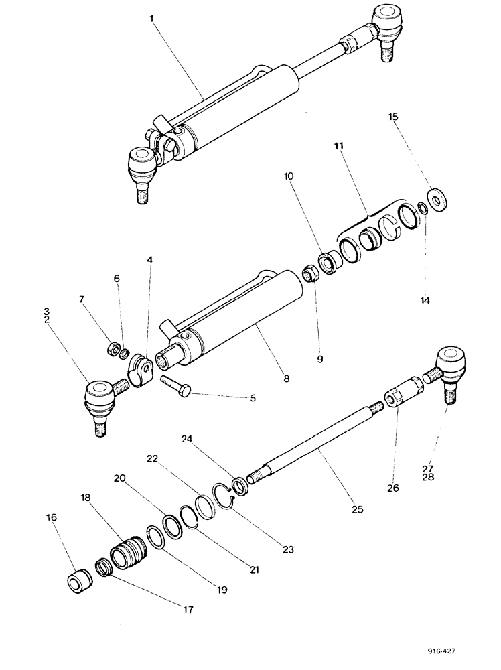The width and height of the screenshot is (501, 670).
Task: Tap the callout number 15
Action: coord(394,117)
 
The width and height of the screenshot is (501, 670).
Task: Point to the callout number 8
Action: coord(286,379)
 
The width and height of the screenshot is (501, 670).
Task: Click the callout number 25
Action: coord(357,509)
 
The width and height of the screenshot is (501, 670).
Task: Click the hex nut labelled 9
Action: coord(310,273)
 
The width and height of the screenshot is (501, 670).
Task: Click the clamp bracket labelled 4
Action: coord(140,369)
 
